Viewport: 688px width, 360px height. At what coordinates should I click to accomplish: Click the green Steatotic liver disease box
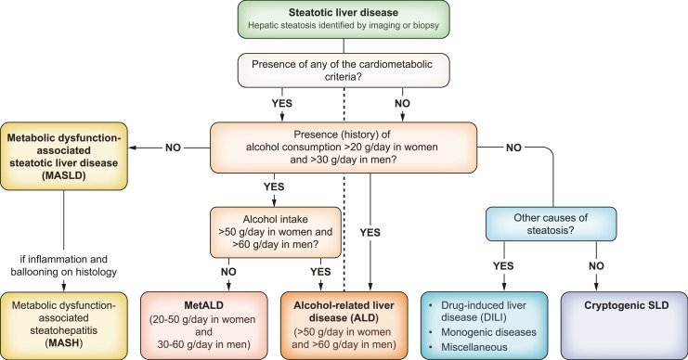click(344, 19)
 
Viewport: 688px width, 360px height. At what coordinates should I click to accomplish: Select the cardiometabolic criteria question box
click(344, 71)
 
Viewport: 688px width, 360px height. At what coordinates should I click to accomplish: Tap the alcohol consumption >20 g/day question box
click(344, 148)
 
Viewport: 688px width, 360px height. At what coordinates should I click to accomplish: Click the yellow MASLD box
click(64, 156)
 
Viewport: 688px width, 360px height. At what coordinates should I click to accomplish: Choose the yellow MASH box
click(64, 326)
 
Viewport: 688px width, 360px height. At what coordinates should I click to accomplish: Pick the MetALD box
click(203, 326)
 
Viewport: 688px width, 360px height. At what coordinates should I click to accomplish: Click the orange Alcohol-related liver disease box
click(344, 326)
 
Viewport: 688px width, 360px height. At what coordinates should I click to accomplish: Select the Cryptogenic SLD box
click(624, 326)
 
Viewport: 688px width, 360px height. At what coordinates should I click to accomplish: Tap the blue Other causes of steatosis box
click(551, 224)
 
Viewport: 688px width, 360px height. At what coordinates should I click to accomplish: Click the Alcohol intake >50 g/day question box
click(276, 232)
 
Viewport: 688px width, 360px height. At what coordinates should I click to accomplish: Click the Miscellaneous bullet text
click(474, 347)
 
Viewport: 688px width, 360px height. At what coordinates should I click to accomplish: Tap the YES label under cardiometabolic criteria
click(281, 104)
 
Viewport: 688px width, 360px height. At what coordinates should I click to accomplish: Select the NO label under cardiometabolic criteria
click(402, 104)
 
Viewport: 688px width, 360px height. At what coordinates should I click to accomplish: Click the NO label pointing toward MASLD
click(173, 148)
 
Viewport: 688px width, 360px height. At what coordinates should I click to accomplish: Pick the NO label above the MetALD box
click(228, 272)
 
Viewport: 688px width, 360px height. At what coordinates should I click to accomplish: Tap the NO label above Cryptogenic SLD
click(596, 266)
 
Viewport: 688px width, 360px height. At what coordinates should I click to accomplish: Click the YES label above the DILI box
click(503, 266)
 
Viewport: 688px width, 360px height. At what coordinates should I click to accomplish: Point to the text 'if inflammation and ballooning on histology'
click(64, 265)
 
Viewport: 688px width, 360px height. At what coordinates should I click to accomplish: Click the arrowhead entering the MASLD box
click(132, 148)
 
